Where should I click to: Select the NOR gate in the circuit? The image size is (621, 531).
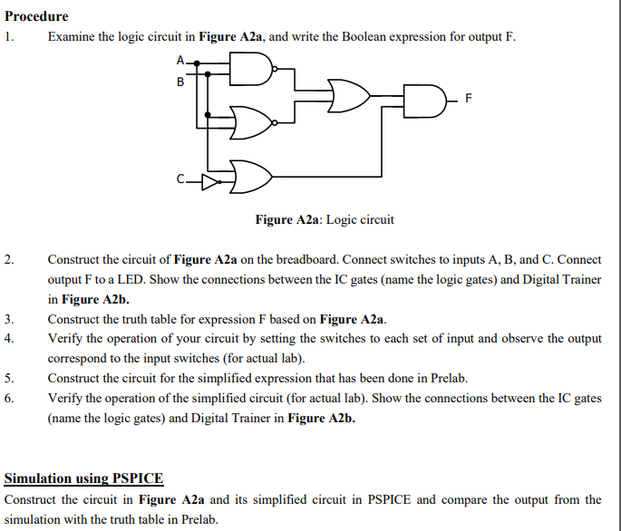[x=252, y=123]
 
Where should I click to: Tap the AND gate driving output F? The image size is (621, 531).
[x=424, y=98]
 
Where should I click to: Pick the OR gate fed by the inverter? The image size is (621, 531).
[x=252, y=177]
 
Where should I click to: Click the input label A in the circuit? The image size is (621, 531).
[x=180, y=60]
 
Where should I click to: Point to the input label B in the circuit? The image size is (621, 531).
[x=180, y=82]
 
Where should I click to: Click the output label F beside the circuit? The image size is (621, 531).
[x=468, y=97]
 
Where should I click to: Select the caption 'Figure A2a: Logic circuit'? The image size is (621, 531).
[x=325, y=219]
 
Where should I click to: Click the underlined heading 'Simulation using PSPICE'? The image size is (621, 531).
[x=84, y=478]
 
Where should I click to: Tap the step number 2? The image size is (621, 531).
[x=8, y=259]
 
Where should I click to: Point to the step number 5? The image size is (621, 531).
[x=8, y=378]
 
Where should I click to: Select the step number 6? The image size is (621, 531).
[x=8, y=398]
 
